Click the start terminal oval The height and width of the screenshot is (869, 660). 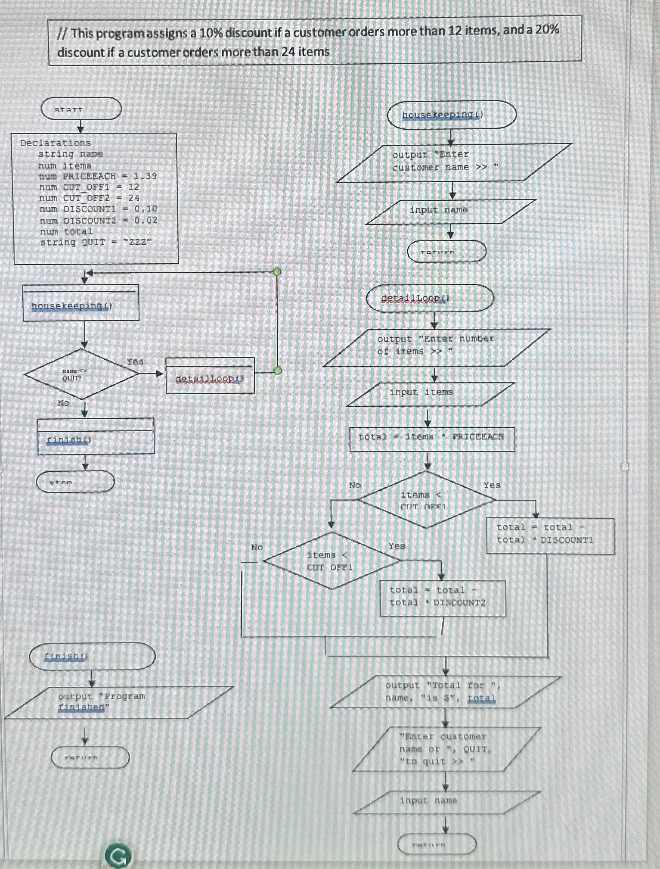pos(81,109)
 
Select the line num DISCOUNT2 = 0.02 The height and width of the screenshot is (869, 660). pos(99,220)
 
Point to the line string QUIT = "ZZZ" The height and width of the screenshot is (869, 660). pos(96,242)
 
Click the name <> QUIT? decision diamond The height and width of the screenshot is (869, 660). pos(81,374)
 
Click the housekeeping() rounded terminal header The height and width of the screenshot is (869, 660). pos(451,115)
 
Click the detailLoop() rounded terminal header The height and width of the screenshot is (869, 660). pos(430,298)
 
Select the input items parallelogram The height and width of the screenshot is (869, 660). pos(430,393)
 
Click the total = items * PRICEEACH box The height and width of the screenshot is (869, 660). pos(432,439)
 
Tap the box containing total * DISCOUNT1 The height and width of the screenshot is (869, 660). pos(550,535)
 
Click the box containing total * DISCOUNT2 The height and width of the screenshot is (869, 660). pos(442,598)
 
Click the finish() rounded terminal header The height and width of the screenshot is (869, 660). pos(92,656)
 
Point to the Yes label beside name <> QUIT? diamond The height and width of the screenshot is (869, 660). pos(135,361)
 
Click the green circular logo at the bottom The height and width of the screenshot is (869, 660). pos(117,857)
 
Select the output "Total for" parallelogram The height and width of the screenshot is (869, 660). pos(446,692)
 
